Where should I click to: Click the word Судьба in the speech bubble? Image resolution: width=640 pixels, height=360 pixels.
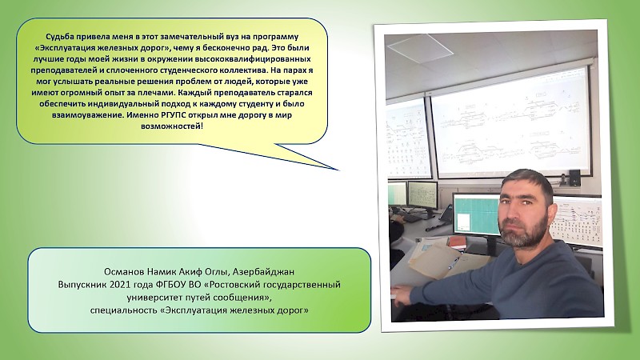coord(58,37)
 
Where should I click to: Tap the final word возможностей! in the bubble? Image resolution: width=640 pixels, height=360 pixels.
coord(172,126)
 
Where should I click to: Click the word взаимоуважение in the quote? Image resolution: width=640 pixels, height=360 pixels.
coord(87,114)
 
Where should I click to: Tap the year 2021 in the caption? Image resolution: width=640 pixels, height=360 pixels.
coord(119,285)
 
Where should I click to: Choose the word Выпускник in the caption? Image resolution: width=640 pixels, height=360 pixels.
coord(82,285)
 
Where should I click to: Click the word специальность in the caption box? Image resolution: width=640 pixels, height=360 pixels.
coord(124,310)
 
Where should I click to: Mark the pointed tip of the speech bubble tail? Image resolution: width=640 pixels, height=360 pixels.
coord(338,170)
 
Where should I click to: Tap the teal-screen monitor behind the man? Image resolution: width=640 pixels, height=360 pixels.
coord(475,215)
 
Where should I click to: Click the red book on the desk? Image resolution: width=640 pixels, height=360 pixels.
coord(457,242)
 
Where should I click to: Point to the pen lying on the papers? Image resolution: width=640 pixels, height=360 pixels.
coord(454,263)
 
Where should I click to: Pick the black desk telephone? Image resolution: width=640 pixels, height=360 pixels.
coord(446,214)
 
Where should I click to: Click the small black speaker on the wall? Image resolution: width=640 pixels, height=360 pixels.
coord(574,176)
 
